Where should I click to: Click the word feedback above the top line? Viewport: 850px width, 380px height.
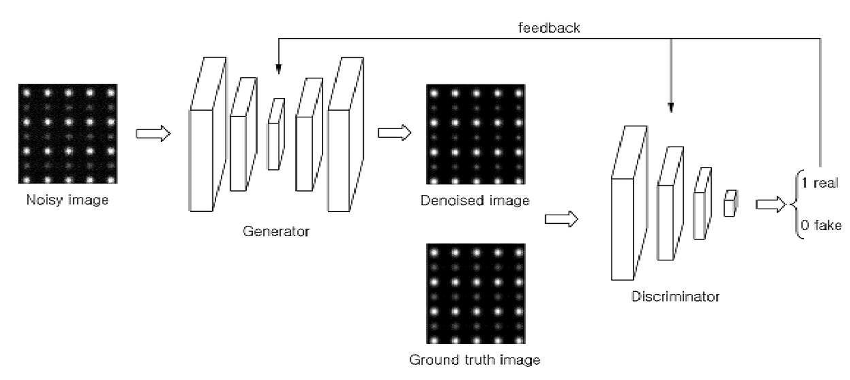(549, 28)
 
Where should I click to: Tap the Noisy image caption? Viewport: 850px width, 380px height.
(67, 199)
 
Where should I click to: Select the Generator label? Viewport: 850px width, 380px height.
(276, 231)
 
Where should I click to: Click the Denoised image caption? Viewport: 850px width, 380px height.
(475, 200)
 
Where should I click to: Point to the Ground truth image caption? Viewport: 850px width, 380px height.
(475, 360)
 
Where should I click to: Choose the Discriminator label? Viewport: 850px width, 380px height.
(675, 296)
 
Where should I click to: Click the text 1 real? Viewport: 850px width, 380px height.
(819, 183)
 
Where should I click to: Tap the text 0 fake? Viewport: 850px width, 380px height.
(821, 225)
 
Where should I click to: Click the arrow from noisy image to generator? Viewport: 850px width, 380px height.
(153, 134)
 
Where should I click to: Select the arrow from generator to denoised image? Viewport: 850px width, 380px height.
(395, 133)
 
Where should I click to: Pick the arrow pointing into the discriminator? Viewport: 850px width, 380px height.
(561, 219)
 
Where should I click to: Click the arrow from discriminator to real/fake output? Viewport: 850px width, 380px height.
(770, 205)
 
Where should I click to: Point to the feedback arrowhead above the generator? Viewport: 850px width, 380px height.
(278, 69)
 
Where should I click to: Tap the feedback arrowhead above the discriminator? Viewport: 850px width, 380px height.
(671, 108)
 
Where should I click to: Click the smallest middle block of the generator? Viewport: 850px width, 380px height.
(276, 134)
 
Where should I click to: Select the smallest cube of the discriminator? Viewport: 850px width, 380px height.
(731, 204)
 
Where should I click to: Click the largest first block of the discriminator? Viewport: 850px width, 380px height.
(629, 203)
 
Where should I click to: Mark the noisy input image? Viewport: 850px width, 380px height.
(68, 134)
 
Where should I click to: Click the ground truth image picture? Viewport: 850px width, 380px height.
(476, 293)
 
